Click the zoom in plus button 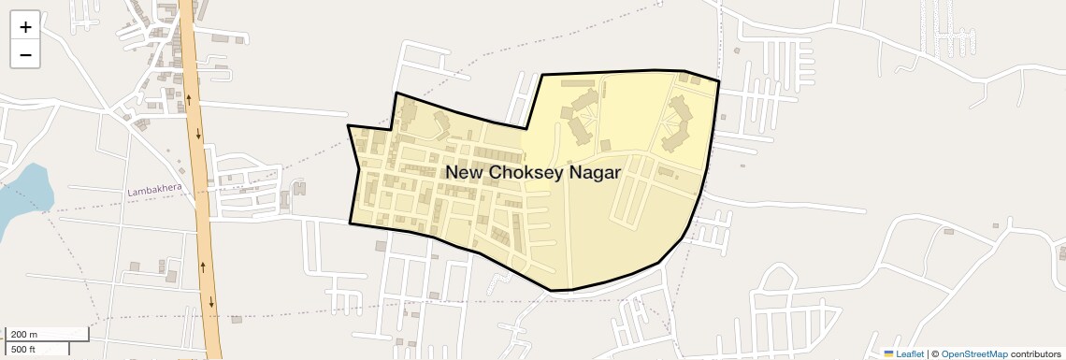[25, 27]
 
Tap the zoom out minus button [25, 55]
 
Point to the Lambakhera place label [154, 191]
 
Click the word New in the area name [464, 172]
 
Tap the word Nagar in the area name [595, 172]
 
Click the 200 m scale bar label [24, 335]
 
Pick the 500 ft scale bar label [23, 349]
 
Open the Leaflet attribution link [910, 353]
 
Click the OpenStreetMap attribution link [973, 353]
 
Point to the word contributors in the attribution [1035, 353]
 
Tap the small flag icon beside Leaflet [888, 353]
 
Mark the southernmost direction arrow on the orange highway [212, 301]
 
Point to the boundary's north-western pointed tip [349, 125]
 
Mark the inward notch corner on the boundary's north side [526, 128]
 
